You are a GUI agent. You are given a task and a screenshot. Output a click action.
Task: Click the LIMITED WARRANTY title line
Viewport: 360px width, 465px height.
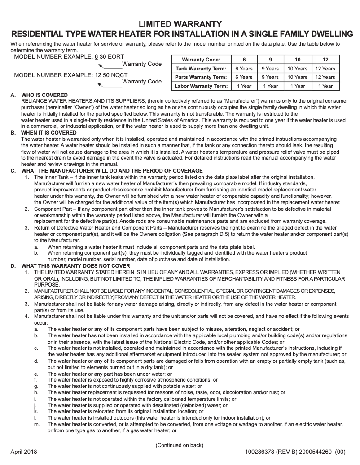[180, 24]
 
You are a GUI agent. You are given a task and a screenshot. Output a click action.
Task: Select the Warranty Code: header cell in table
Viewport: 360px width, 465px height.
[201, 60]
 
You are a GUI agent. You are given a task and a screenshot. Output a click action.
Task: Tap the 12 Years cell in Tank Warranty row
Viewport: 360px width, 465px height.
[325, 69]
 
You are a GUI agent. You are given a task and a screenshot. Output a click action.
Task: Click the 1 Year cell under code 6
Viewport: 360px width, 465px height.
[244, 86]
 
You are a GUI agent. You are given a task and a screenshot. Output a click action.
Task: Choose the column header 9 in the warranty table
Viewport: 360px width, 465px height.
[270, 60]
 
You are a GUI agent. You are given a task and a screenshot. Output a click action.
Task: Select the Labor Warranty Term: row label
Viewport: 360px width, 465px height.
[201, 86]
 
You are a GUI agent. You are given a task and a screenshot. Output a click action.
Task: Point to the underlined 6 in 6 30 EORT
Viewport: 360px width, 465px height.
[96, 57]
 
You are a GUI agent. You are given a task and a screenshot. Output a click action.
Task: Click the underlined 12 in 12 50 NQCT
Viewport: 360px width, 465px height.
[98, 74]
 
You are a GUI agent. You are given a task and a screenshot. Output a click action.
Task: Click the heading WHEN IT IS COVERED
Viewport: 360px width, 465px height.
[49, 133]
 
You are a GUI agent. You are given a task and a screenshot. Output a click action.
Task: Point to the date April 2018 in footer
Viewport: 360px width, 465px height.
[24, 452]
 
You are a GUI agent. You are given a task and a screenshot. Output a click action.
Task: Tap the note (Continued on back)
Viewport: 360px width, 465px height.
[180, 445]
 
